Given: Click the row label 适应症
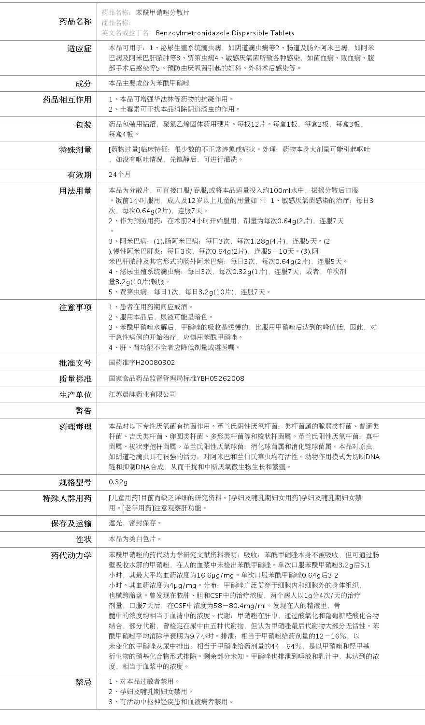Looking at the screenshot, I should point(79,48).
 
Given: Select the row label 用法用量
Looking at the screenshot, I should point(75,191).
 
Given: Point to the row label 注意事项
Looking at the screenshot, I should point(75,307).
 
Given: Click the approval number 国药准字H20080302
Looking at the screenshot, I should point(142,362).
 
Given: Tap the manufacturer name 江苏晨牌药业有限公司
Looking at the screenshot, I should point(142,394).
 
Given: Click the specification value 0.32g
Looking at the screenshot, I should point(118,482).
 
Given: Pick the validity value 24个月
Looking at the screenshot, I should point(120,174).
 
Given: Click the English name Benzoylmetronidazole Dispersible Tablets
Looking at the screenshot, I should point(225,33).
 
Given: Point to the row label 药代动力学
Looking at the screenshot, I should point(71,555).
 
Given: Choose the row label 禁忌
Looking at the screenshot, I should point(83,682).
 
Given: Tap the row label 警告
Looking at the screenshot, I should point(83,411).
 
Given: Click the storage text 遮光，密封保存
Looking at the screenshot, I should point(135,523).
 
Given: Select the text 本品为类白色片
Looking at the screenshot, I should point(135,539).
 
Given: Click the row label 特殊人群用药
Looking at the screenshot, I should point(67,498).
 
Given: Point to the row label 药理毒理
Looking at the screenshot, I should point(75,427).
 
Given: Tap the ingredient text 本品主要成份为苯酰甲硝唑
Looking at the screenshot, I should point(150,84).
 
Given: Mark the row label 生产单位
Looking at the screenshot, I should point(75,395).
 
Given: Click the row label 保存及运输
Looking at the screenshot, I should point(71,523).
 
